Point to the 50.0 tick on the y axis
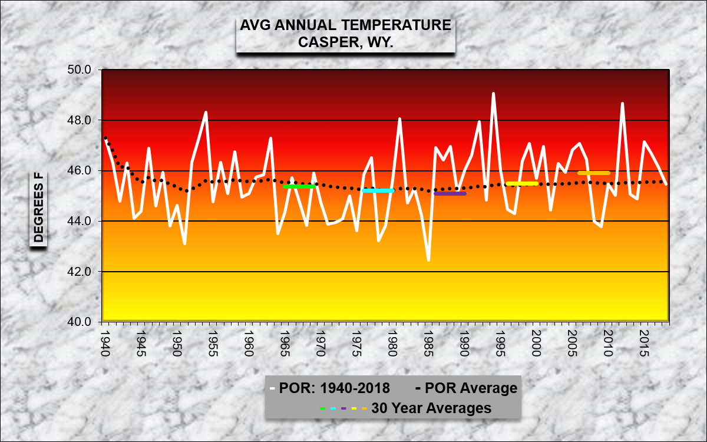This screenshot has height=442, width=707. point(80,70)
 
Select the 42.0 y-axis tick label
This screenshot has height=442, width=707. point(80,272)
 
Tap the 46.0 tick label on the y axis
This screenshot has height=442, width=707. point(80,171)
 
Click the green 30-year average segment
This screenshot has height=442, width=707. point(299,186)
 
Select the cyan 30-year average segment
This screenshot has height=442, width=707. point(378,190)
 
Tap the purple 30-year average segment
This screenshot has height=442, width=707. point(450,193)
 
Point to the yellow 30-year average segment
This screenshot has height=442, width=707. point(522,183)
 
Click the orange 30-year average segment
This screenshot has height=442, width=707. point(594,173)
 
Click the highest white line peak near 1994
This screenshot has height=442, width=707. point(493,93)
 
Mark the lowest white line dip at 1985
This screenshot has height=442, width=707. point(428,260)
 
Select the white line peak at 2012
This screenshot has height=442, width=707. point(623,104)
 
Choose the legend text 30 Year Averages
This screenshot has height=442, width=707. point(431,408)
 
